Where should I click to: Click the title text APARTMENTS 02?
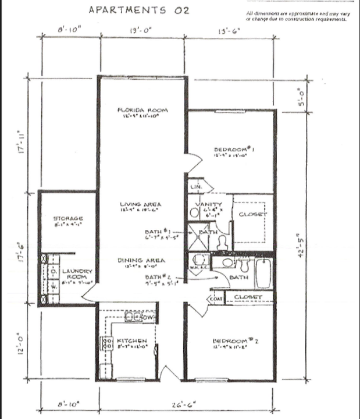pos(138,10)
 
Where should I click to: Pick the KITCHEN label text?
pos(132,340)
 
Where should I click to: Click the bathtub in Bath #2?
pos(263,275)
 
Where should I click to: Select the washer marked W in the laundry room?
pos(52,286)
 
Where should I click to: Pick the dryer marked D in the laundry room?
pos(52,272)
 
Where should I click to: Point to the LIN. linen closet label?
pos(195,187)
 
